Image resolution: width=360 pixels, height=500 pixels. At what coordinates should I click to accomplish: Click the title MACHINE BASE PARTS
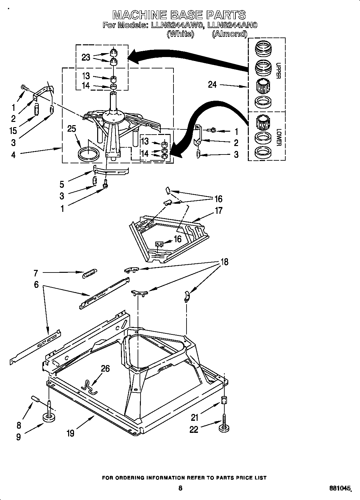(x=179, y=15)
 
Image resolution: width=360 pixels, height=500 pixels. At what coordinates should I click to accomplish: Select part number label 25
(x=71, y=129)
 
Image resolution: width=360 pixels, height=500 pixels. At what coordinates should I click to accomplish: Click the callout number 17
(x=219, y=211)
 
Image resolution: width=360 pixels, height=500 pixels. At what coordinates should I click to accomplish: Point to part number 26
(x=105, y=369)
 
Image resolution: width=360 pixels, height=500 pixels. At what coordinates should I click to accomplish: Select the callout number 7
(x=36, y=273)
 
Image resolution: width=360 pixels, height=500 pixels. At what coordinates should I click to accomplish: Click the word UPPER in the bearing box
(x=278, y=70)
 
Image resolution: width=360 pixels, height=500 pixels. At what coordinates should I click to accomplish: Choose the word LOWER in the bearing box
(x=278, y=138)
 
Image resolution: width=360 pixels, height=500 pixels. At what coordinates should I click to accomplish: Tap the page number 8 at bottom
(x=180, y=488)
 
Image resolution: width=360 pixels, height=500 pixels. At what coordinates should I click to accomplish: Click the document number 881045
(x=340, y=488)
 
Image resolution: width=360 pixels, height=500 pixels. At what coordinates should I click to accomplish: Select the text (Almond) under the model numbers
(x=229, y=34)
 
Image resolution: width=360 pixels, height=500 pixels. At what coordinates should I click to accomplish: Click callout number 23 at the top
(x=86, y=58)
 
